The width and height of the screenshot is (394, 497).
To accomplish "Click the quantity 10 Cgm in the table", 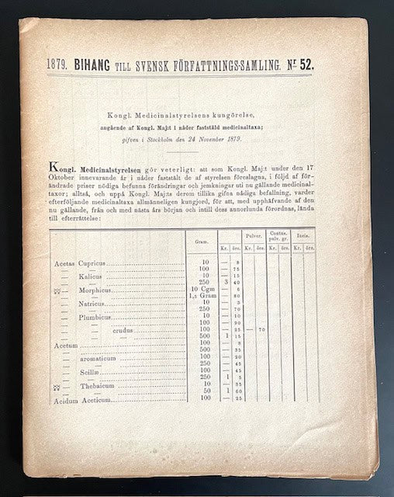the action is [x=201, y=288].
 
